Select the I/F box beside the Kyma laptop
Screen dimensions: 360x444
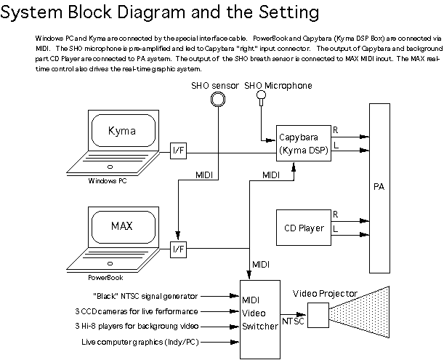pos(178,151)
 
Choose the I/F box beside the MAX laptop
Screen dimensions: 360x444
pos(178,249)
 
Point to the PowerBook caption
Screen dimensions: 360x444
pos(106,276)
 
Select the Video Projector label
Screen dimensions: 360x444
pos(325,293)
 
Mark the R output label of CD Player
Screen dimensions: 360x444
pos(335,215)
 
